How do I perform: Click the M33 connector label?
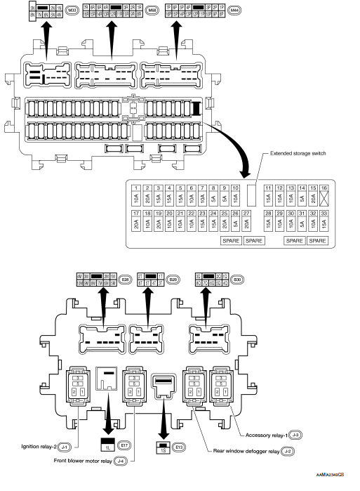pyautogui.click(x=72, y=12)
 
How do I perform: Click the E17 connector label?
pyautogui.click(x=124, y=445)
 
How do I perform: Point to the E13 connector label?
pyautogui.click(x=180, y=445)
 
